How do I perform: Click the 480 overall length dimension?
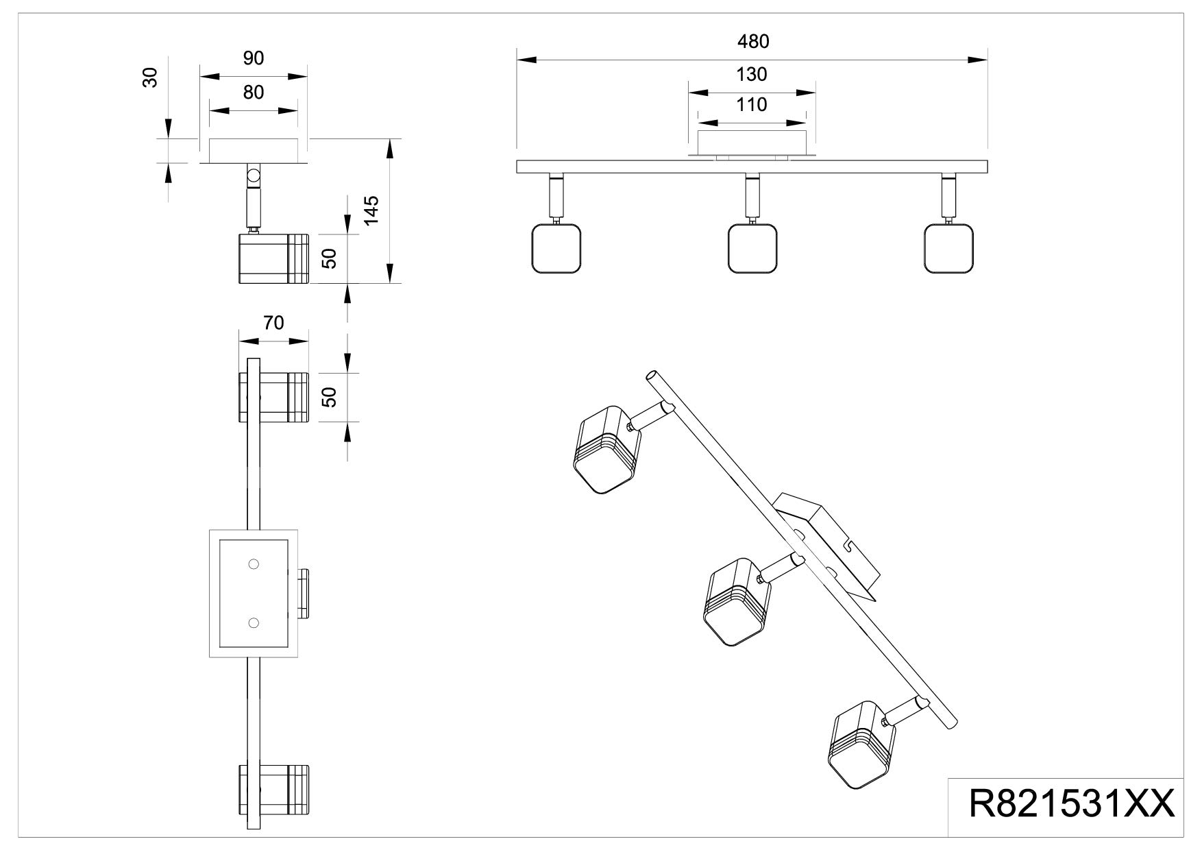tap(753, 42)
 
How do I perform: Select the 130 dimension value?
tap(752, 74)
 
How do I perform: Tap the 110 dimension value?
tap(752, 105)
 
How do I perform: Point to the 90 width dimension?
tap(254, 59)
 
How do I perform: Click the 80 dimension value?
tap(254, 92)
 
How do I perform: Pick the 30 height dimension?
tap(151, 77)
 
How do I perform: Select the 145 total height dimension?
tap(371, 210)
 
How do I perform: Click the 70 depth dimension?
tap(273, 323)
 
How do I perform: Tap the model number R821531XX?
tap(1071, 805)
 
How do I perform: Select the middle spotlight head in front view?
tap(752, 248)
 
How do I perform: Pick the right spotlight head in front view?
tap(948, 248)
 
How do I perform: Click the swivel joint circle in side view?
tap(254, 175)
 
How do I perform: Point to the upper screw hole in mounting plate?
tap(254, 564)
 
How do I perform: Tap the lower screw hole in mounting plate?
tap(254, 622)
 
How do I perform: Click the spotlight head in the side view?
tap(273, 258)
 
